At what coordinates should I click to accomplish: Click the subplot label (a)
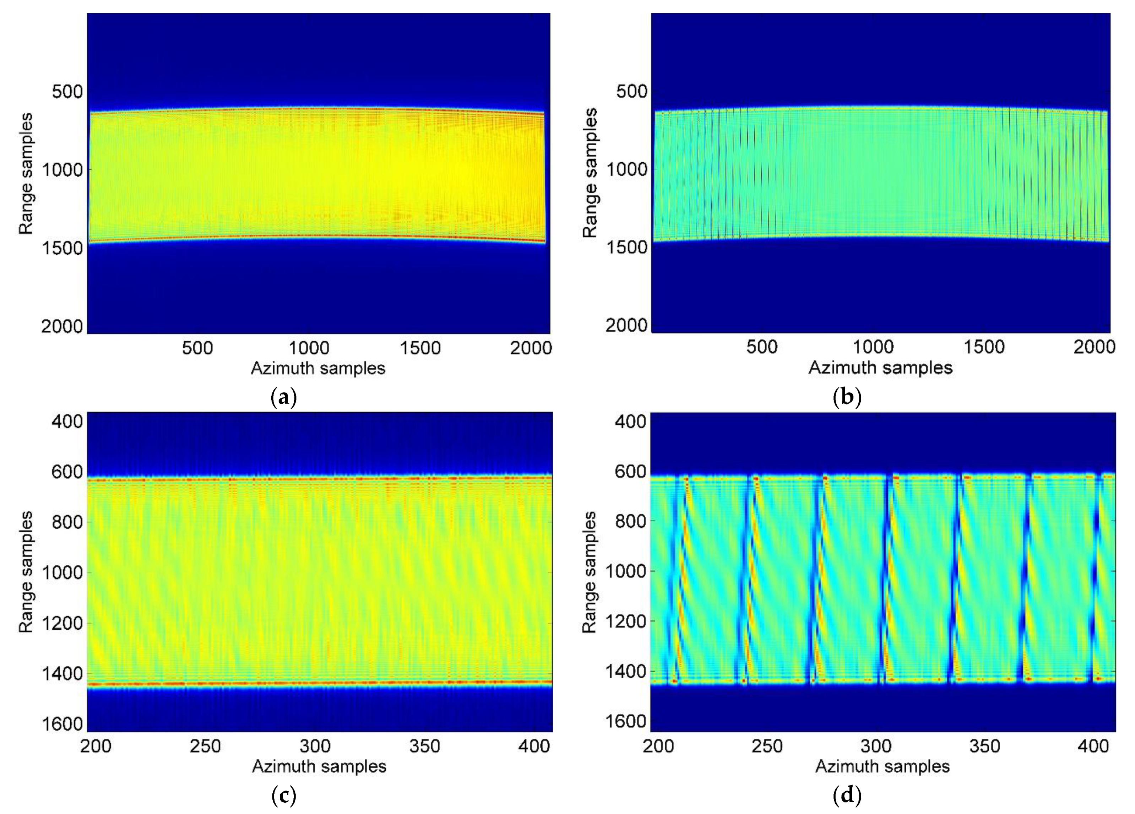click(283, 398)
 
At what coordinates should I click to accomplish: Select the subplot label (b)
click(847, 398)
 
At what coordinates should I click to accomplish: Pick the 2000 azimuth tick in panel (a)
click(531, 348)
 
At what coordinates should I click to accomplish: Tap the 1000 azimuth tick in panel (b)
click(873, 347)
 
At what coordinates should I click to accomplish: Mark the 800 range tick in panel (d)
click(631, 521)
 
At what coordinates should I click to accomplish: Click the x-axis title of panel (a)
click(318, 368)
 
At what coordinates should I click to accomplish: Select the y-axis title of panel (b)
click(591, 173)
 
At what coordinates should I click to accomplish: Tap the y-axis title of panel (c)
click(26, 572)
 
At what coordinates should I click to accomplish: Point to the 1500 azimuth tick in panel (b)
click(984, 347)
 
